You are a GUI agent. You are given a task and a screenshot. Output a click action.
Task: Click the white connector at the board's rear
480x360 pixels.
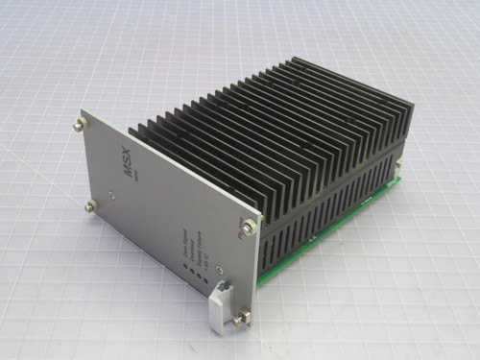(x=397, y=173)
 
